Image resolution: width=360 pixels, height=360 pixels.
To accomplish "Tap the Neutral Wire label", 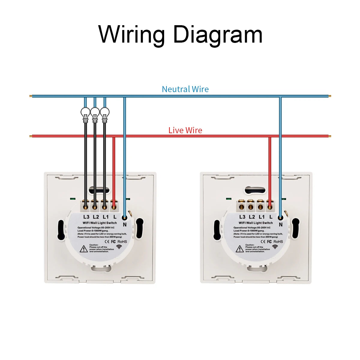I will [185, 89].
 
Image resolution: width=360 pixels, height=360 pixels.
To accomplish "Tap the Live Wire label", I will [185, 130].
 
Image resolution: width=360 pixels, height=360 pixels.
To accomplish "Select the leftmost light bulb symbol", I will [85, 114].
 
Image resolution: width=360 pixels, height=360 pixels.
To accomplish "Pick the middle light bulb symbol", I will [95, 114].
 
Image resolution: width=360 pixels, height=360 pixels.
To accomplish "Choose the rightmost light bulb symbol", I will [104, 114].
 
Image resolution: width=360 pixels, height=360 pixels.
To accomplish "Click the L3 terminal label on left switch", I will [86, 217].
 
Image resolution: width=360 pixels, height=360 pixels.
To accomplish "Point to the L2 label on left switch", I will [96, 217].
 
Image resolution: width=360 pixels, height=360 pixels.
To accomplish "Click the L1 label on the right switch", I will [262, 217].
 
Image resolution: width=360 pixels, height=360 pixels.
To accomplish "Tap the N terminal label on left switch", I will [125, 224].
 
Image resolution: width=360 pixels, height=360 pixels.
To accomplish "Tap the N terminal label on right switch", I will [281, 224].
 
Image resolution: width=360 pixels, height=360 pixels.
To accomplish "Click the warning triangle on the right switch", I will [239, 249].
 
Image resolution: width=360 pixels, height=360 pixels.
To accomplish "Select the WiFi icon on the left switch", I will [119, 247].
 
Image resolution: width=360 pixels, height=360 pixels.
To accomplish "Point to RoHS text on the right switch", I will [278, 241].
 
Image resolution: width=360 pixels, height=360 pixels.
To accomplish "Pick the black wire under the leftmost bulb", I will [85, 162].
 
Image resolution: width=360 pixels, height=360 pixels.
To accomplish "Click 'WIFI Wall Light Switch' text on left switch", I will [100, 223].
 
